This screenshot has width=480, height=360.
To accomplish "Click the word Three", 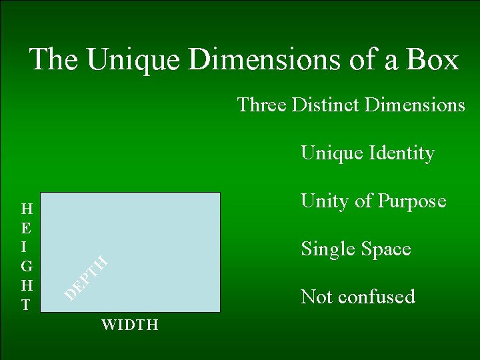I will [x=261, y=105].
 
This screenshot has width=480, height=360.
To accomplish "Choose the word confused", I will [x=377, y=297].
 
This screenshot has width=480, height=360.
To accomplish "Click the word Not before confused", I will [x=317, y=297].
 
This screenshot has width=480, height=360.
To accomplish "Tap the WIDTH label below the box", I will [x=129, y=325].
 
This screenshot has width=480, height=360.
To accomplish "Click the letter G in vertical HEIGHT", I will [x=26, y=267].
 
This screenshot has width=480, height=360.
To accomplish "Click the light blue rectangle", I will [x=153, y=227].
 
